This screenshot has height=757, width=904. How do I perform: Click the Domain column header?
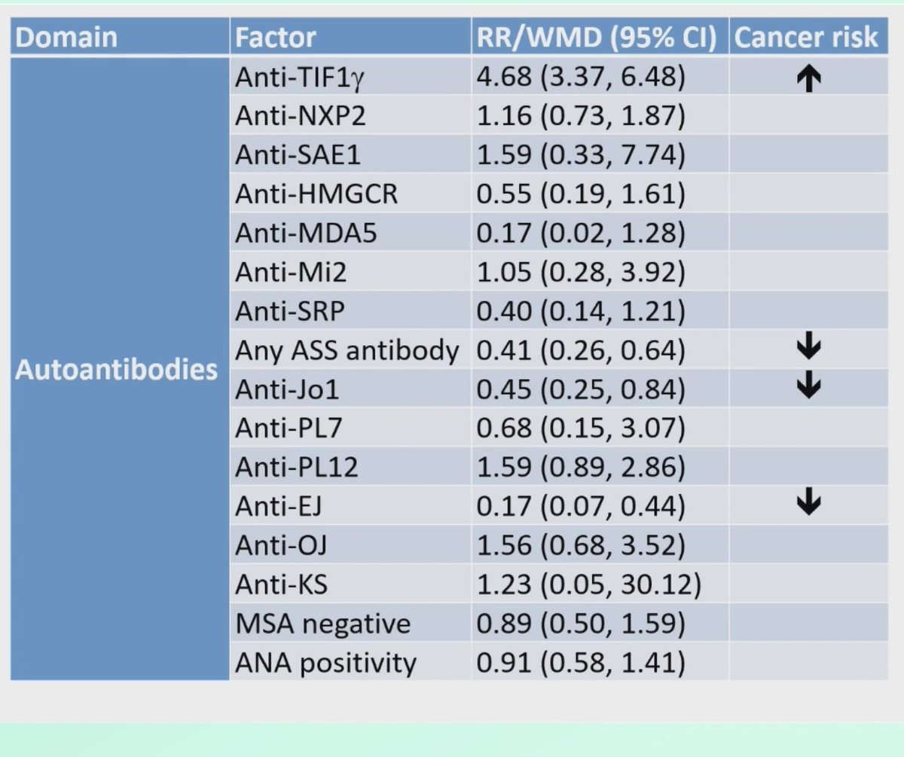66,38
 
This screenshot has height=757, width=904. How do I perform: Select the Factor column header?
275,38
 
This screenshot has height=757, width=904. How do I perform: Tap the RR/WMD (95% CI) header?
596,38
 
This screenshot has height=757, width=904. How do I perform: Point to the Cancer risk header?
805,38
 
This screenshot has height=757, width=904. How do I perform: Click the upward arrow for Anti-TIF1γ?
807,78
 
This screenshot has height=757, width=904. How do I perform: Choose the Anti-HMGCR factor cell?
316,194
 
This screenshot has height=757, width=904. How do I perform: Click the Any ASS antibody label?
347,350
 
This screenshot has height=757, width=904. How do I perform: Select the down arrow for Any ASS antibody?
807,348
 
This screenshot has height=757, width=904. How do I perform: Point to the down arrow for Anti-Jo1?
807,387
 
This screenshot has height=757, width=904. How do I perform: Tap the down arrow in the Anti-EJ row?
807,504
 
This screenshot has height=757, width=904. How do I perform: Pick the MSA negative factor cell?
323,624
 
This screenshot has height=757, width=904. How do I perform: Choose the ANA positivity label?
325,663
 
